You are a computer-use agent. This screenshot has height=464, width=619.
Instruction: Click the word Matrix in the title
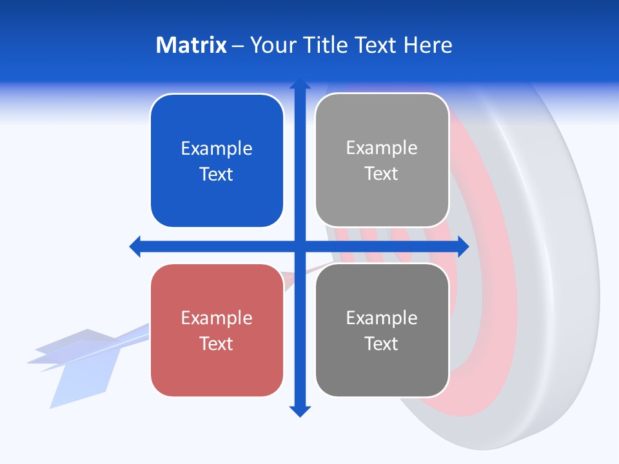pos(192,45)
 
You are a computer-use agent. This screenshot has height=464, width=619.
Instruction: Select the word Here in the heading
pos(427,45)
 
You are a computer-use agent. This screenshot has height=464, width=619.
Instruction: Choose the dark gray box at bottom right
pos(382,371)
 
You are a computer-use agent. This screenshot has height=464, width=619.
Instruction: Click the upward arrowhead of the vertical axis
pos(299,84)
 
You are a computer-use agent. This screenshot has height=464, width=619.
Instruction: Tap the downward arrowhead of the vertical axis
pos(299,411)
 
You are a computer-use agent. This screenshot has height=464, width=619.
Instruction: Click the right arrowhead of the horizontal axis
pos(463,246)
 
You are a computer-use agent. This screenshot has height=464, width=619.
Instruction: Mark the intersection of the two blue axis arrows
pos(299,246)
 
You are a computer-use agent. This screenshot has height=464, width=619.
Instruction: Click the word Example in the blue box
pos(217,148)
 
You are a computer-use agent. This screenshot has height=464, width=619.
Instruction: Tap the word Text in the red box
pos(217,343)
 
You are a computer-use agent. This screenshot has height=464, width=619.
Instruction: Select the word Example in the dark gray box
pos(382,318)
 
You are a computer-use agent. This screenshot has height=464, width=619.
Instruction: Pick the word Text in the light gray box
pos(382,174)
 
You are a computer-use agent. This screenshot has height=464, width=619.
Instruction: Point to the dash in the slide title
pos(238,46)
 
